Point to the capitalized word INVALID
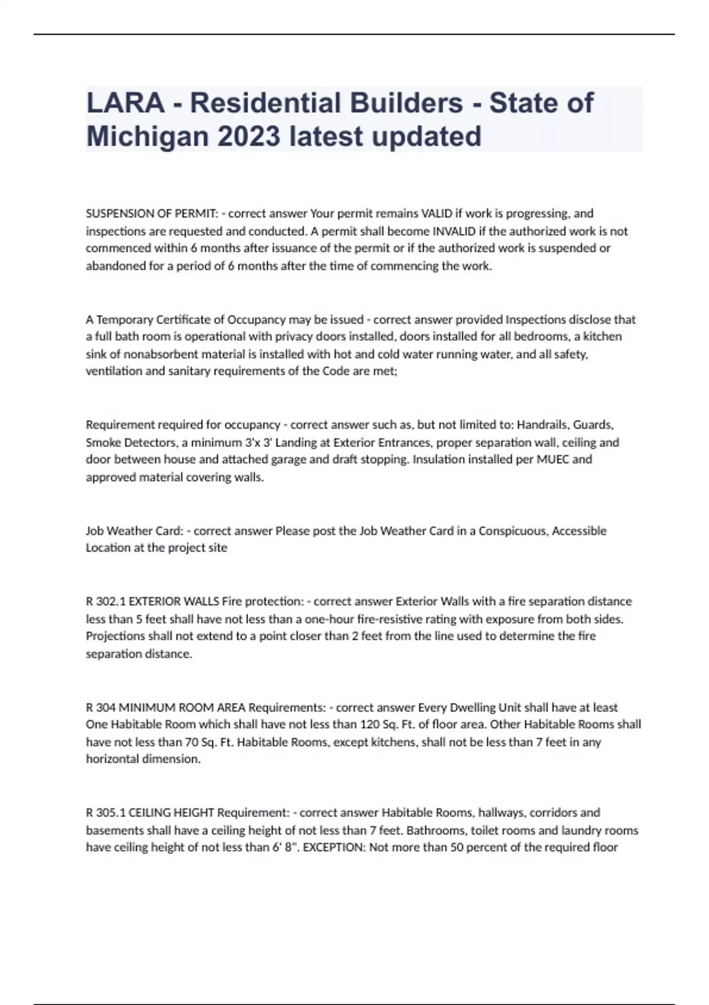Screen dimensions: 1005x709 coord(454,231)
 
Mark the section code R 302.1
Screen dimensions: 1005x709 coord(106,601)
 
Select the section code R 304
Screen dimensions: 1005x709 coord(101,708)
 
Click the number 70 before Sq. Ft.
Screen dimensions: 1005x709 coord(190,742)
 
